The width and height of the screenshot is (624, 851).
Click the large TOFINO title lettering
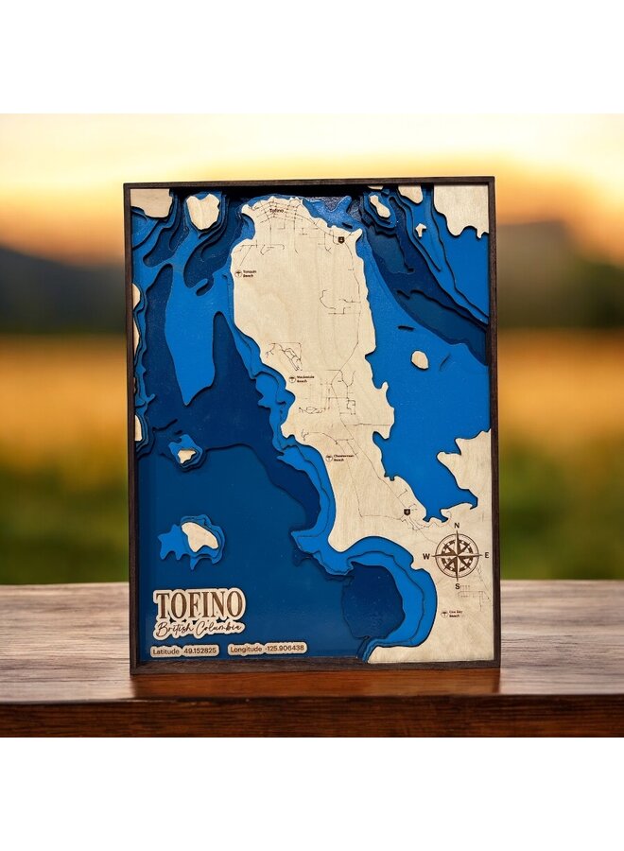click(199, 603)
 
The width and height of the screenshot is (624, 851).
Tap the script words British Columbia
click(199, 628)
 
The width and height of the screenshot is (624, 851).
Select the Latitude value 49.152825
click(199, 651)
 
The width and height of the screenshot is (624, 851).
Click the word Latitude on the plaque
click(165, 651)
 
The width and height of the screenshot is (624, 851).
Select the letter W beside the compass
click(427, 556)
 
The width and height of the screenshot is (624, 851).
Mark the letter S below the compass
click(457, 586)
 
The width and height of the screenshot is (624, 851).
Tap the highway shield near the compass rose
click(407, 512)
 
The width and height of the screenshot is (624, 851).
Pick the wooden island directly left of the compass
click(199, 536)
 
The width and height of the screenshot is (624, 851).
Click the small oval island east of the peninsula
click(420, 359)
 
